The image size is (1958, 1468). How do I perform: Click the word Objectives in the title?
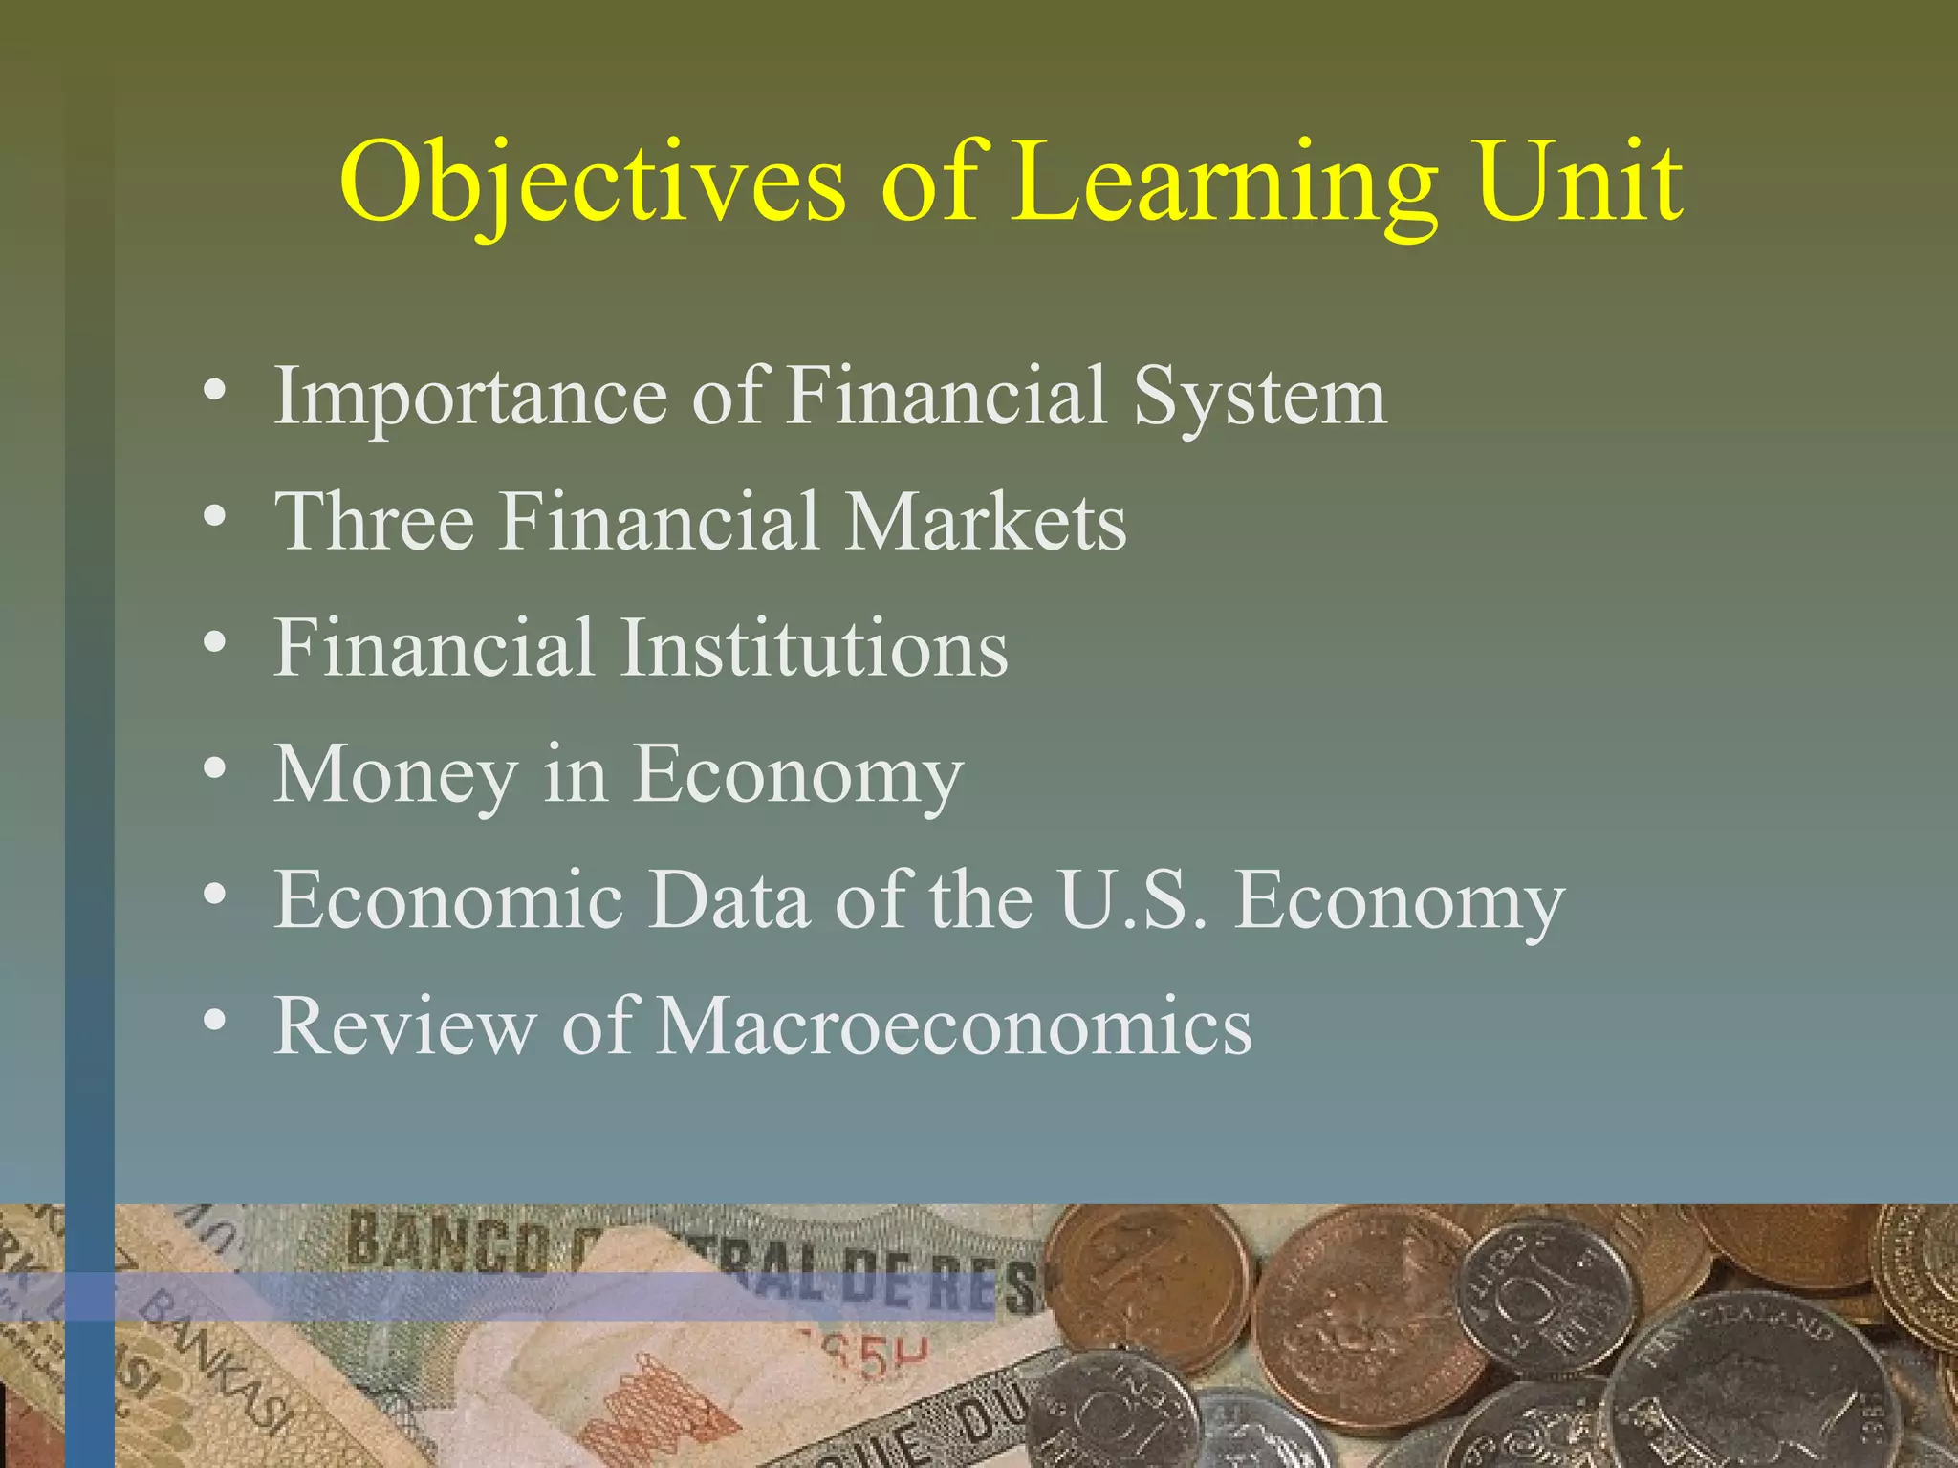point(593,182)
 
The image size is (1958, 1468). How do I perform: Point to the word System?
point(1259,397)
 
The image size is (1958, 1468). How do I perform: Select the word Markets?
point(987,522)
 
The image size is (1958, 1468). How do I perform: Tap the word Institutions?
point(815,648)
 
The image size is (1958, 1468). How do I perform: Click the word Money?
point(395,774)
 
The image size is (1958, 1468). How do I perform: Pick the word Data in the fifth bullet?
point(729,900)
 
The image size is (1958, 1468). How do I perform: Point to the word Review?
point(402,1025)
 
